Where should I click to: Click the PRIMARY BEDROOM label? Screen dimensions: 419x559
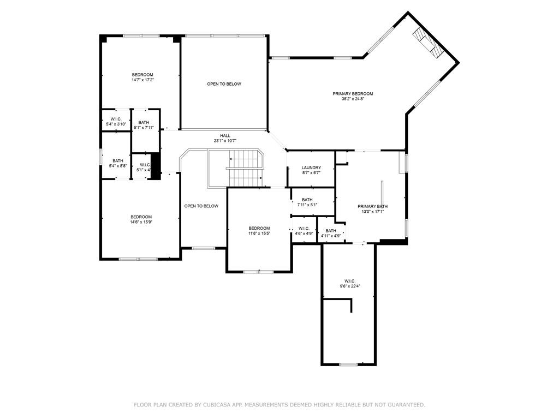coord(353,94)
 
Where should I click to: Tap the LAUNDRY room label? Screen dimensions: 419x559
coord(311,167)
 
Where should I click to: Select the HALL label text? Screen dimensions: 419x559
coord(225,136)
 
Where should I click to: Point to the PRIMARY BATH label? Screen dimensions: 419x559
coord(373,206)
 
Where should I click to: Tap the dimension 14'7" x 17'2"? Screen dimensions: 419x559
coord(142,80)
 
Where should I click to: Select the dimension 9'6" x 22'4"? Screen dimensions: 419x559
coord(350,286)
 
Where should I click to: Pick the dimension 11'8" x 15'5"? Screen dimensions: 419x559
coord(259,234)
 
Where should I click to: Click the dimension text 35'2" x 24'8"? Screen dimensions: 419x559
coord(353,99)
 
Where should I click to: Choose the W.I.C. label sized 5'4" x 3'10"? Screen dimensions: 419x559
coord(116,119)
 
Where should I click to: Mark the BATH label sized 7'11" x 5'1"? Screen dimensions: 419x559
coord(307,200)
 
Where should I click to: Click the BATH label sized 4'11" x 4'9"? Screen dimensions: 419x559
coord(331,231)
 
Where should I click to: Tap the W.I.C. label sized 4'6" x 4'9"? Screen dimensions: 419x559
coord(304,228)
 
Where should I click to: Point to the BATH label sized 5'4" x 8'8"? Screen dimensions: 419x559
coord(118,160)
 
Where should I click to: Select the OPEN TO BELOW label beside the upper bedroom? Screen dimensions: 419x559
coord(224,84)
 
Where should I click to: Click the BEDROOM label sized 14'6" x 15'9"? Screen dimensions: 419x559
coord(141,217)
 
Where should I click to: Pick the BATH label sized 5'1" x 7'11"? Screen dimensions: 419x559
coord(144,123)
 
